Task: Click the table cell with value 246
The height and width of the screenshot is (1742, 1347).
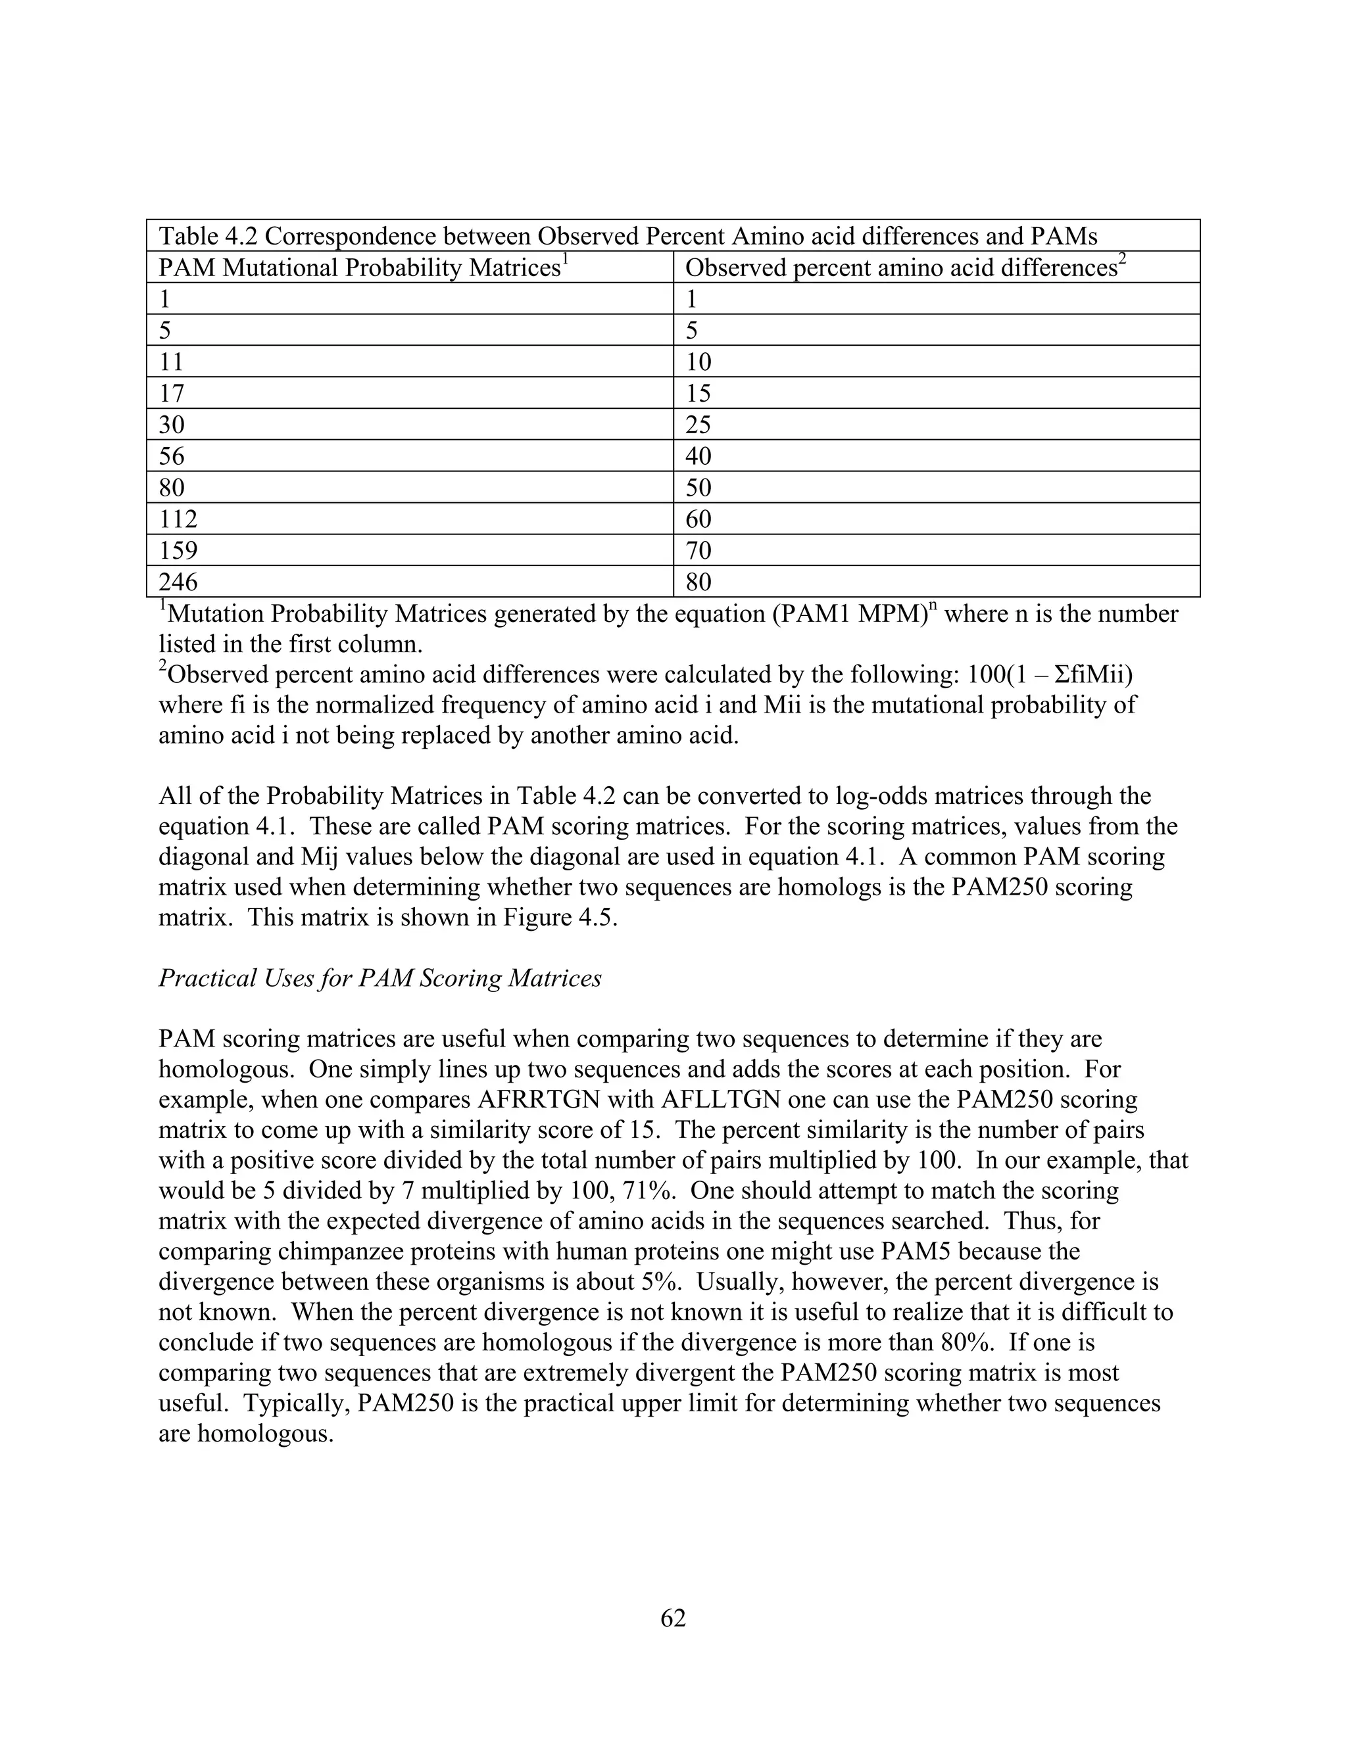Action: [178, 582]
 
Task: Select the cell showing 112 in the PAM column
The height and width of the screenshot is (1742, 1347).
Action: [178, 519]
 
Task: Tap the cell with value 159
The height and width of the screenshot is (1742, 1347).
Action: [178, 550]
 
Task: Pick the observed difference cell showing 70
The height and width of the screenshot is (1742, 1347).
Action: [698, 550]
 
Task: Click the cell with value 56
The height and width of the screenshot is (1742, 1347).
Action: [172, 456]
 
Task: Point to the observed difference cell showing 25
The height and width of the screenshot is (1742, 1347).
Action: [698, 425]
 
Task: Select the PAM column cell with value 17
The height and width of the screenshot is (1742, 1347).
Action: [172, 393]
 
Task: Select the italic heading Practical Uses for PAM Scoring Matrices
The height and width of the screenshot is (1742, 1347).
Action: [380, 978]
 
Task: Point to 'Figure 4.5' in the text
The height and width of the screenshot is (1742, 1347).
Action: [560, 917]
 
